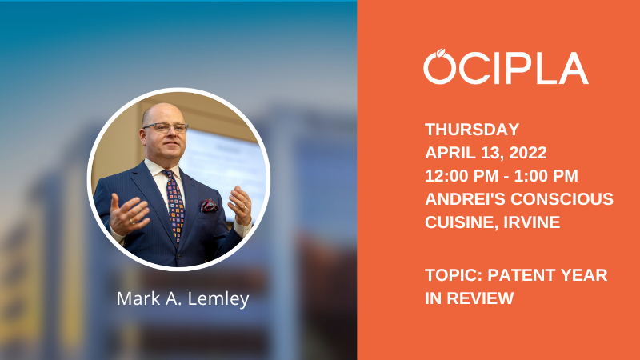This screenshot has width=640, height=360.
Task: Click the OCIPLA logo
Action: tap(506, 66)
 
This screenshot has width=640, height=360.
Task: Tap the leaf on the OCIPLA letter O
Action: tap(441, 53)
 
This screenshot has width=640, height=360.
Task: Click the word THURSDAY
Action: tap(472, 130)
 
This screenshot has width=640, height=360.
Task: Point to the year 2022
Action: tap(528, 153)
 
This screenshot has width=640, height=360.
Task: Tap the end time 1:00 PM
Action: tap(546, 176)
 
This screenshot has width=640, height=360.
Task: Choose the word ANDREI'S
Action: tap(465, 199)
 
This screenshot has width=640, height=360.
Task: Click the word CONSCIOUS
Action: tap(562, 199)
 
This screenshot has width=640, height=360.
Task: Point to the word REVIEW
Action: tap(480, 298)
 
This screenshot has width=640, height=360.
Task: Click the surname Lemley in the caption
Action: tap(218, 299)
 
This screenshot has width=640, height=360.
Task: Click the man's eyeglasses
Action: tap(166, 128)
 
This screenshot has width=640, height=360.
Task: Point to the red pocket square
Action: tap(209, 206)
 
